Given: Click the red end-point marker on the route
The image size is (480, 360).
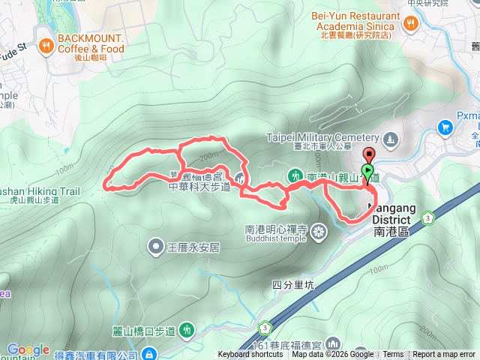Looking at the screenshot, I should click(x=367, y=155).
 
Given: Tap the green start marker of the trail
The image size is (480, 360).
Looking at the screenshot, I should click(x=367, y=172).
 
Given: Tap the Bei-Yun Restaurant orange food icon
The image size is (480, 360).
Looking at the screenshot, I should click(x=410, y=23).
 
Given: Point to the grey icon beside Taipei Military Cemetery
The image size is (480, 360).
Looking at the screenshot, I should click(x=390, y=139).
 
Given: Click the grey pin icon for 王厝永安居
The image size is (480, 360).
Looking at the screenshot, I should click(x=155, y=245).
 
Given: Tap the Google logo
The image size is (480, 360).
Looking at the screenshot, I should click(x=28, y=349).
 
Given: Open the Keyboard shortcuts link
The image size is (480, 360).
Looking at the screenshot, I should click(x=250, y=355).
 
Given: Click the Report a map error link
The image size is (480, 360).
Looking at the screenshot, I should click(x=444, y=355).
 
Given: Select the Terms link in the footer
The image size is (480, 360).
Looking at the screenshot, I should click(x=393, y=355).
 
